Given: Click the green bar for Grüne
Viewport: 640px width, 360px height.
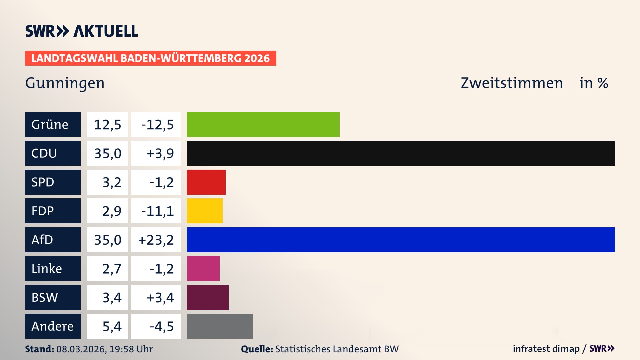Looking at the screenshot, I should point(263,124).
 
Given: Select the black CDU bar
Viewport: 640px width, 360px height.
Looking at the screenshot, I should point(401,153).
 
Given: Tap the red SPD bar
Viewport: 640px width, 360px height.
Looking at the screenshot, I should point(206,182).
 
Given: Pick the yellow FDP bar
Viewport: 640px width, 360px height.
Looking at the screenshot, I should point(205,211).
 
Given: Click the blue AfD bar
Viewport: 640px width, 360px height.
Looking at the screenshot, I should point(401,240).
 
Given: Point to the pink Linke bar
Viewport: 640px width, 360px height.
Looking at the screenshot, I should point(203,268).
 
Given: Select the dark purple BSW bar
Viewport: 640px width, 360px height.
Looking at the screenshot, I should point(208,297).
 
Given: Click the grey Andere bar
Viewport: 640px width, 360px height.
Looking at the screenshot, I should point(220,326).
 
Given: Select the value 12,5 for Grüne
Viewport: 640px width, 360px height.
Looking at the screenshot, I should point(107,124).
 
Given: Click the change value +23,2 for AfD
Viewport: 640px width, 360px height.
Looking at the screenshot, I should point(156,240).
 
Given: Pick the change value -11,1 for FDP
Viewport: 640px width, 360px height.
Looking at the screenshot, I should point(157,211).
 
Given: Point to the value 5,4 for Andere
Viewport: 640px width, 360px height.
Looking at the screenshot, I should point(112,326).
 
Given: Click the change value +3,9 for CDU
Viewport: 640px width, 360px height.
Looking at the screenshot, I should point(160,153).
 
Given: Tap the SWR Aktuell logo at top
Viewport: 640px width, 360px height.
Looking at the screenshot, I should point(82,31).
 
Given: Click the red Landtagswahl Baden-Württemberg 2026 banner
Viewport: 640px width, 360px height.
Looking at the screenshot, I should point(150,58).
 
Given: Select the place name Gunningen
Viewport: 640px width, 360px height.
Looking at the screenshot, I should point(65,83).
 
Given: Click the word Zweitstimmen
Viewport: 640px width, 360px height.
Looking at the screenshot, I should point(512,83).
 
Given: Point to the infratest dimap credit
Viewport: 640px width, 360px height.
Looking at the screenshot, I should point(546,349).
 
